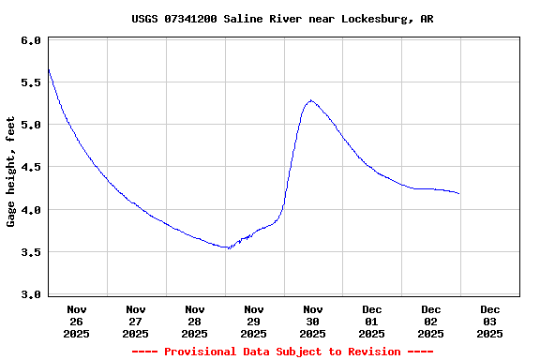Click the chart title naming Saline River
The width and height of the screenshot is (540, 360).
282,19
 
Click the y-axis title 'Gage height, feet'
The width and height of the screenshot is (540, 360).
11,172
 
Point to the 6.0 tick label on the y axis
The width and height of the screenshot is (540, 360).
30,40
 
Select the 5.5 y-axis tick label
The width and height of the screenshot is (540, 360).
30,82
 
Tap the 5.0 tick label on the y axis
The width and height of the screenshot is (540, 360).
30,125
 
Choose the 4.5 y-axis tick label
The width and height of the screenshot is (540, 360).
30,167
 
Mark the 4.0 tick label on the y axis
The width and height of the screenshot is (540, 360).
30,210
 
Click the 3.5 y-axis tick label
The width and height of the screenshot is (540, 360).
30,252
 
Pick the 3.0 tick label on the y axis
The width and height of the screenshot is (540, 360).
30,294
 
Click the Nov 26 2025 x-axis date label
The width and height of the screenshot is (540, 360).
77,321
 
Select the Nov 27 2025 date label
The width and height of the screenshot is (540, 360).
136,321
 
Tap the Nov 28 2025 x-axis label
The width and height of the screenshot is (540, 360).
195,321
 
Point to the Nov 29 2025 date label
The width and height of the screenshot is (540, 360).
254,321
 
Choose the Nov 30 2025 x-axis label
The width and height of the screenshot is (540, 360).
313,321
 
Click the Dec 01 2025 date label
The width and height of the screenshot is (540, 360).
372,321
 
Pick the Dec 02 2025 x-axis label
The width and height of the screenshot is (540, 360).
431,321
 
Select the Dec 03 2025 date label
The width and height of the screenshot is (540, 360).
490,321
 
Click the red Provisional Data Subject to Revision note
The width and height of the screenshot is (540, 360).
282,352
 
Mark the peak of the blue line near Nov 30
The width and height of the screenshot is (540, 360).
310,100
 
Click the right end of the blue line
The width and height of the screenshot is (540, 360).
458,193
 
